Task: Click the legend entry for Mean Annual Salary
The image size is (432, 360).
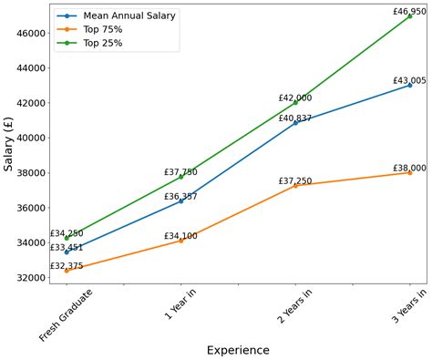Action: (129, 15)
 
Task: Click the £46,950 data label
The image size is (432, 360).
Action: (409, 11)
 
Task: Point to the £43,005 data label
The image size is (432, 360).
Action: (409, 80)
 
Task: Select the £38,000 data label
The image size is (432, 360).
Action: (409, 168)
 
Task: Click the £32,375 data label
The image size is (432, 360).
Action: (67, 266)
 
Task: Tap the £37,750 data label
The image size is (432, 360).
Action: (180, 171)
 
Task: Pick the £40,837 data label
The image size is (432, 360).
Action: (295, 118)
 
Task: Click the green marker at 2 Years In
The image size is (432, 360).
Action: (295, 103)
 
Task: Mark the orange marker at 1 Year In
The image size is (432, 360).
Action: (180, 241)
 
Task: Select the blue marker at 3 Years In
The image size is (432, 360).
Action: (409, 85)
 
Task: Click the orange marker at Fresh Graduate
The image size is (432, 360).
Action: (67, 271)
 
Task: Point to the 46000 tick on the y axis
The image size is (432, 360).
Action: (29, 33)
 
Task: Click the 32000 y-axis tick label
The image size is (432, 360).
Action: (29, 277)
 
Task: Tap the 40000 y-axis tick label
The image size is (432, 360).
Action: (29, 138)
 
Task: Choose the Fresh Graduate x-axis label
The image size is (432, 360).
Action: (67, 314)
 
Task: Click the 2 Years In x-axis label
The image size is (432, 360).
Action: (294, 310)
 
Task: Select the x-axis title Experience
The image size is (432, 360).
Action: (237, 350)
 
